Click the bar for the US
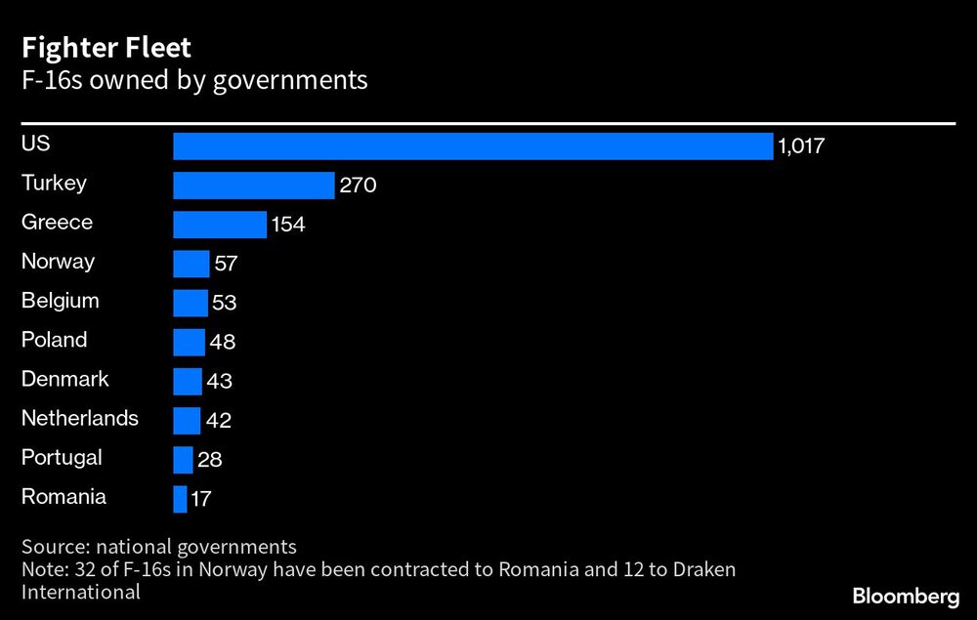click(473, 146)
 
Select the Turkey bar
click(254, 186)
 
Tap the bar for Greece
click(220, 225)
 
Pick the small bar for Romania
click(180, 499)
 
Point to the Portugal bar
click(183, 460)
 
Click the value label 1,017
click(802, 147)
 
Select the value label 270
click(358, 186)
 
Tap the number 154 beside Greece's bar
click(288, 226)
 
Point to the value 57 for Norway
click(226, 265)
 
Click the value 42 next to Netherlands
click(218, 421)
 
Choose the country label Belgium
click(61, 301)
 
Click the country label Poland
click(55, 340)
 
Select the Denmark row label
click(65, 379)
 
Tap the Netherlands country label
click(80, 418)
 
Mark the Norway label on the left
click(59, 262)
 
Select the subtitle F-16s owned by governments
click(194, 80)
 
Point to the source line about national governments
click(158, 547)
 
